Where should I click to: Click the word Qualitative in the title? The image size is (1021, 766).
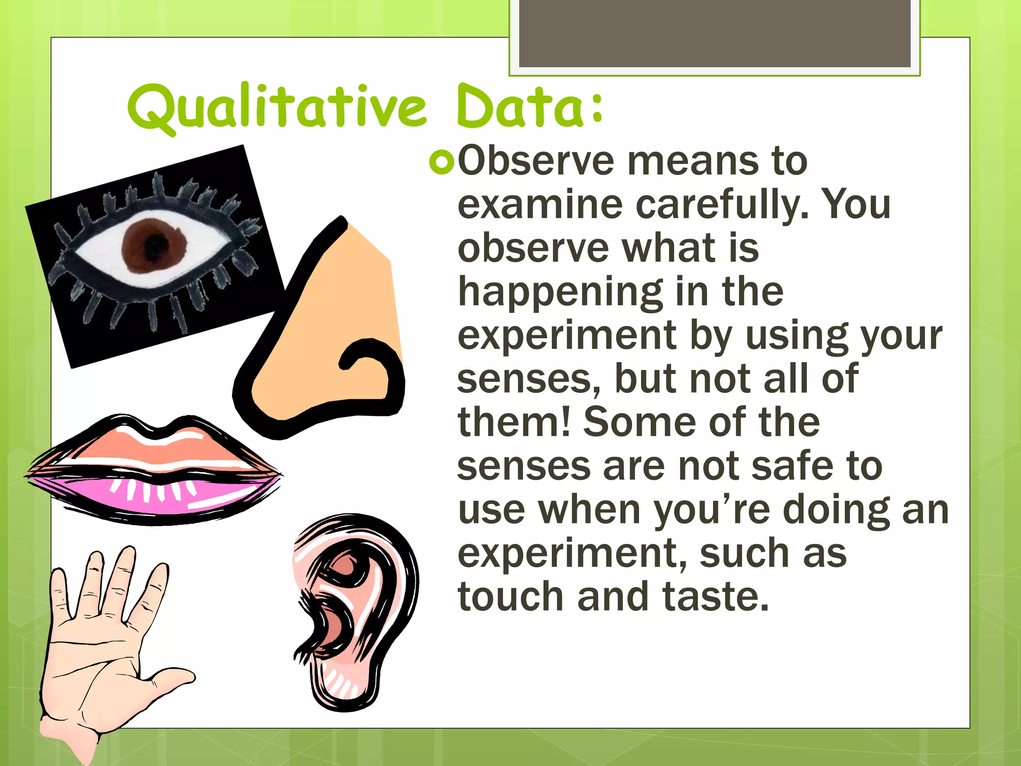(277, 107)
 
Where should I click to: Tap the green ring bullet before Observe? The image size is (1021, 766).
(441, 163)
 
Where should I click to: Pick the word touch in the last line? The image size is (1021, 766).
(510, 596)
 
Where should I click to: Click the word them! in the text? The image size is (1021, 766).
(513, 422)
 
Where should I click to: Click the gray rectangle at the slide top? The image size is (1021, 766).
(714, 33)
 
